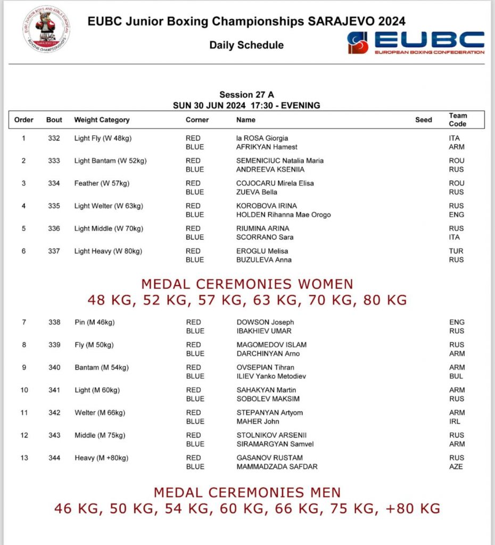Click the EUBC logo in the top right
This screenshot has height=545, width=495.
[x=416, y=42]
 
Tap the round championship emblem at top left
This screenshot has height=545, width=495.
[x=47, y=29]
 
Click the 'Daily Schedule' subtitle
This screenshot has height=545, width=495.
[x=246, y=45]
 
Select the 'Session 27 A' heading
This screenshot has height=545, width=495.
[x=246, y=95]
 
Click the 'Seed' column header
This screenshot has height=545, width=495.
[x=424, y=120]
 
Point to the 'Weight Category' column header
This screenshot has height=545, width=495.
[x=102, y=120]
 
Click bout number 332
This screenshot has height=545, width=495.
[x=54, y=138]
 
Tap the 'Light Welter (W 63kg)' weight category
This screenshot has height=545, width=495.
[x=109, y=206]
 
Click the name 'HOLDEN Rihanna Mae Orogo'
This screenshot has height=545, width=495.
[x=284, y=214]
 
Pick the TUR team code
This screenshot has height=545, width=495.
[x=456, y=251]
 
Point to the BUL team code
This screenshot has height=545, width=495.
[x=457, y=376]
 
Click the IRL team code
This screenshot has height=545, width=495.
[x=456, y=422]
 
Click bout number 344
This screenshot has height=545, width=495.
[x=54, y=458]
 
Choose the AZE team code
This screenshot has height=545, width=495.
[x=456, y=467]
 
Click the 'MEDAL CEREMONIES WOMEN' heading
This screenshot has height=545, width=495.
[x=247, y=284]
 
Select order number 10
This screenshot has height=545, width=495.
[x=24, y=390]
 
